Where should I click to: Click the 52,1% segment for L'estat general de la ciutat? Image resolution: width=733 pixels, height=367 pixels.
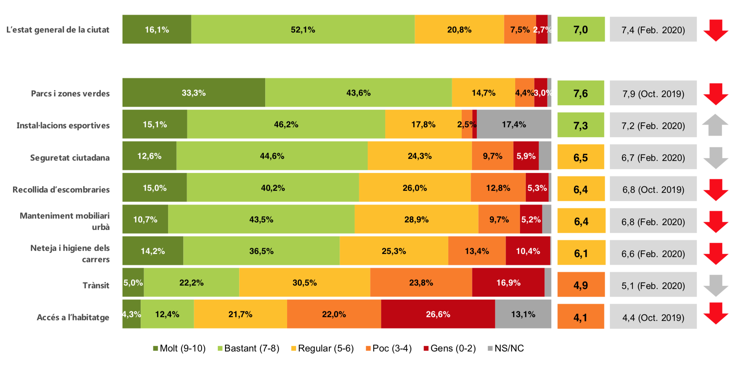(x=303, y=30)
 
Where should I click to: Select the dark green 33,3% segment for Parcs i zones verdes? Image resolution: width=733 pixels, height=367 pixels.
(x=193, y=93)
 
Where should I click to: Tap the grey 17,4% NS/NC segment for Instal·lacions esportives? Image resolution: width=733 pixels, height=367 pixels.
(x=513, y=124)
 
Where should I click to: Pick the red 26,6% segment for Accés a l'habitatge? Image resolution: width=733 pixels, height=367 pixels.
(x=438, y=314)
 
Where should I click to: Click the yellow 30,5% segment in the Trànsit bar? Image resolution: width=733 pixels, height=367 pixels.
(x=304, y=283)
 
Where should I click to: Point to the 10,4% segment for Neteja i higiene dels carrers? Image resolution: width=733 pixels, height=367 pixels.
(x=528, y=251)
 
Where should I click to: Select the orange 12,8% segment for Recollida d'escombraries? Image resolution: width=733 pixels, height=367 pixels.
(x=498, y=188)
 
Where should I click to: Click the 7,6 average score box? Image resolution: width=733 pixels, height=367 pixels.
(x=580, y=93)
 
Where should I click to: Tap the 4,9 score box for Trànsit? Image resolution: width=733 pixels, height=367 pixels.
(x=580, y=285)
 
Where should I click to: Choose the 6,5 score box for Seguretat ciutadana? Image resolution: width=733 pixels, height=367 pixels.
(x=580, y=157)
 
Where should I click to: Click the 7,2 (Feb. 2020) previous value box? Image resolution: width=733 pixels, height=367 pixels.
(x=653, y=125)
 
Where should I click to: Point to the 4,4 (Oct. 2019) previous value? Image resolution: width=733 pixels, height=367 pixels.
(x=653, y=317)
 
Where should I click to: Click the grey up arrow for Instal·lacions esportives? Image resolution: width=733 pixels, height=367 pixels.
(x=715, y=125)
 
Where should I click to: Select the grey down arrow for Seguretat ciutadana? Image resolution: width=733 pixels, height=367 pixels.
(x=715, y=158)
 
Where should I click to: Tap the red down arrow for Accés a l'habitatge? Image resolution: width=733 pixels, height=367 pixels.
(x=715, y=313)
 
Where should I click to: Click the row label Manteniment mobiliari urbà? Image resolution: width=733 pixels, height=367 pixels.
(x=65, y=221)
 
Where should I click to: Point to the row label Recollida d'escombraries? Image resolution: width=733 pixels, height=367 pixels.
(x=61, y=190)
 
